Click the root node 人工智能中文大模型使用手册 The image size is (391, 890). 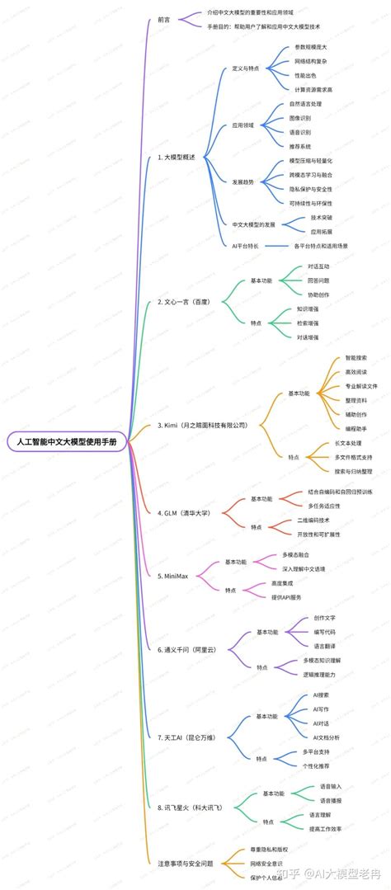(x=67, y=442)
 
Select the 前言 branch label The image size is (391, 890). (x=164, y=19)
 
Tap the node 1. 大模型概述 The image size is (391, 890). (x=176, y=156)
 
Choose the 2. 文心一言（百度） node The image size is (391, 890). (x=184, y=302)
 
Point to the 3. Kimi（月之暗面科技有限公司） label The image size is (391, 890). (x=202, y=425)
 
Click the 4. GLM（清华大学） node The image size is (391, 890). (x=184, y=512)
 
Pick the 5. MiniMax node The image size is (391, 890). (x=172, y=575)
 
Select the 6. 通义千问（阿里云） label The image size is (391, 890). (x=186, y=649)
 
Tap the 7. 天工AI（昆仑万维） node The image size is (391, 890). (x=186, y=737)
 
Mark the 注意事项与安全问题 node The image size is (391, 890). (x=185, y=863)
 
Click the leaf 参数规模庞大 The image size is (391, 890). (x=312, y=49)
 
